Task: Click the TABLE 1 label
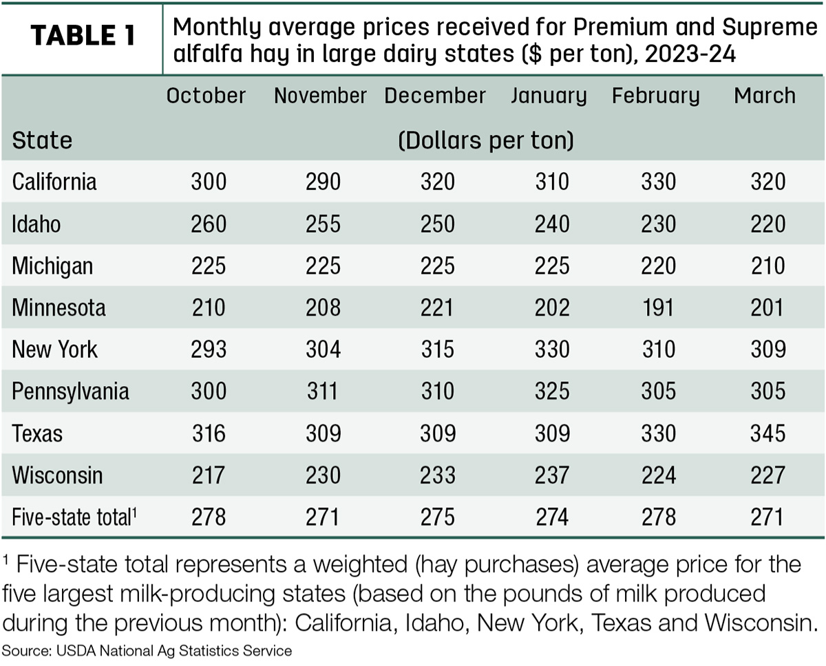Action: click(x=83, y=35)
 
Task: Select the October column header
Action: click(x=206, y=95)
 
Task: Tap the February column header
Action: click(x=655, y=96)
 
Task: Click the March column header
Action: click(x=765, y=95)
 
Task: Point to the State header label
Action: click(x=42, y=140)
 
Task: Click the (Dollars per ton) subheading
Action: click(x=486, y=140)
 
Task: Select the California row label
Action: click(x=54, y=182)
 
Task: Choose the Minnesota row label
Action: click(x=59, y=308)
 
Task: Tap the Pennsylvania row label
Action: click(x=71, y=391)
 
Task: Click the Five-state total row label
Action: click(x=74, y=517)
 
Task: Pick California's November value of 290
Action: click(x=324, y=182)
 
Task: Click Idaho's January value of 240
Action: click(x=552, y=224)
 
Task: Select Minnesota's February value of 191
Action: click(x=658, y=308)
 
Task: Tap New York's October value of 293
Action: click(x=209, y=349)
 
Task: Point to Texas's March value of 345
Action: click(x=767, y=433)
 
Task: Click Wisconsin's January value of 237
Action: click(x=552, y=475)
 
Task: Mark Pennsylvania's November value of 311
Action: click(x=322, y=391)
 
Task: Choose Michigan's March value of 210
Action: click(x=767, y=266)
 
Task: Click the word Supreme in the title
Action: click(x=770, y=28)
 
